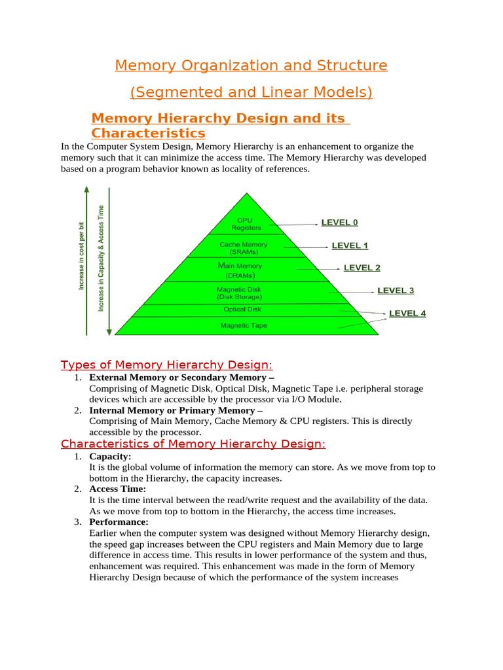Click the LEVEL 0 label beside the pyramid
pos(339,222)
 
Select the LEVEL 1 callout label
pos(350,245)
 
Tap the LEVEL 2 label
pos(362,268)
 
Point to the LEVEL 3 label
pos(396,290)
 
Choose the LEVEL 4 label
pos(407,313)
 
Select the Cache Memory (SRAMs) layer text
pos(244,248)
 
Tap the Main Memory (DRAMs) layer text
pos(240,271)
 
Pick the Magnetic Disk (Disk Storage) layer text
pos(239,292)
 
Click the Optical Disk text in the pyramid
pos(242,309)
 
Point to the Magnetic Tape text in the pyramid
pos(244,325)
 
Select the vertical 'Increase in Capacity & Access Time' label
pos(101,258)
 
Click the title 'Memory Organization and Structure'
pos(251,65)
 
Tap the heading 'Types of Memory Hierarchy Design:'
pos(166,364)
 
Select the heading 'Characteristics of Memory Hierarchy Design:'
pos(193,444)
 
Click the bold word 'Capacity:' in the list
pos(110,456)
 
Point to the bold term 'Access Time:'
pos(118,489)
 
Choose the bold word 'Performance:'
pos(119,522)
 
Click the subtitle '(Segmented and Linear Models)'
pos(251,92)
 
